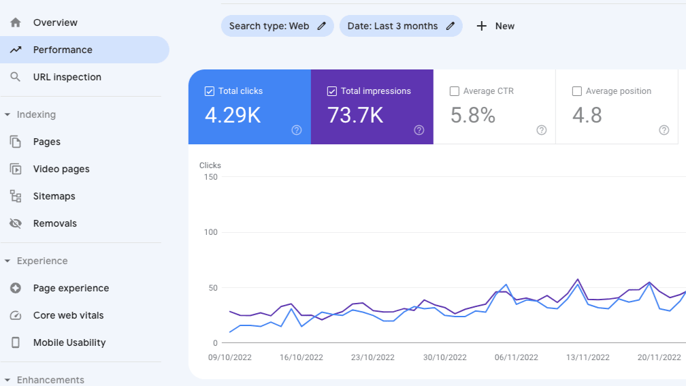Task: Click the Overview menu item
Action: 55,22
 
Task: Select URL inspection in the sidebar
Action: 67,77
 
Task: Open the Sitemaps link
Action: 54,196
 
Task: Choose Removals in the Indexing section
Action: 54,223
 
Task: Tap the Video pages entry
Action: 61,169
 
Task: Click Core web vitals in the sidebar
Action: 68,315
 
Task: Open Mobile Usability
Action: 69,342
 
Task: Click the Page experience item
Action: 71,288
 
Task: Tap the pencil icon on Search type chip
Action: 322,26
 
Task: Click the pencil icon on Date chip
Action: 450,26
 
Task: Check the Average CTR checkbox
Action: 455,91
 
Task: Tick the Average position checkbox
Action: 577,91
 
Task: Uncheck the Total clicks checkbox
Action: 210,91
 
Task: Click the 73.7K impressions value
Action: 355,116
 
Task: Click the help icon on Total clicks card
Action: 297,130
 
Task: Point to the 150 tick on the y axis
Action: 210,177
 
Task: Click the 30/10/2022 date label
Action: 444,357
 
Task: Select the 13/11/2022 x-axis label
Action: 587,357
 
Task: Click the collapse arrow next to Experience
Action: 7,261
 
